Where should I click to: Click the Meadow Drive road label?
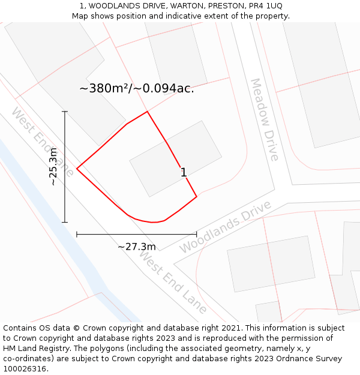[x=265, y=119]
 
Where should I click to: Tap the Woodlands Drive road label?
[x=225, y=226]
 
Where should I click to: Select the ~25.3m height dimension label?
[x=53, y=166]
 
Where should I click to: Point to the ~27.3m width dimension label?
[x=136, y=247]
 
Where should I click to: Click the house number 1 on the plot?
[x=184, y=173]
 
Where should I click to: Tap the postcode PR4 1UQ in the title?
[x=263, y=6]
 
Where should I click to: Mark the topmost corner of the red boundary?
[x=147, y=112]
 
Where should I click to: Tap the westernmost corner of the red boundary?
[x=77, y=169]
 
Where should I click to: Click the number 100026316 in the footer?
[x=25, y=369]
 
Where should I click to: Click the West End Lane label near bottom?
[x=173, y=282]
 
